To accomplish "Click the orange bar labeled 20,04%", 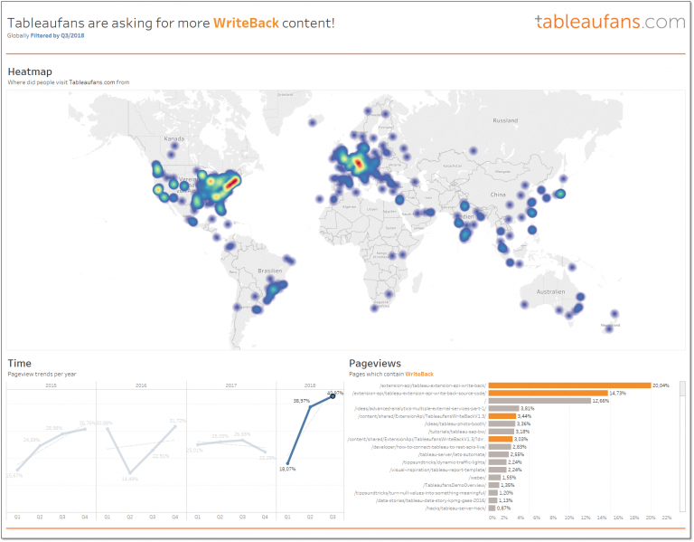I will click(569, 385).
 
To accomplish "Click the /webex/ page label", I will click(475, 477).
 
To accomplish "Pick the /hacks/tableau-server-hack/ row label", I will click(458, 509).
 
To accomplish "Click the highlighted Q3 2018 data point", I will click(333, 395).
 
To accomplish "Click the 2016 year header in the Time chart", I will click(141, 385).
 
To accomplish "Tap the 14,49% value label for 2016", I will click(130, 479).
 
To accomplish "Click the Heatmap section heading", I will click(30, 71).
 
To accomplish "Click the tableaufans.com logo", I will click(609, 21).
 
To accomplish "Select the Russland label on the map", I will click(504, 120).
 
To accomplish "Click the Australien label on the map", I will click(550, 292).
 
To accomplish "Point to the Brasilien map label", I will click(270, 271).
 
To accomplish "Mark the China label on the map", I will click(498, 195).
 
